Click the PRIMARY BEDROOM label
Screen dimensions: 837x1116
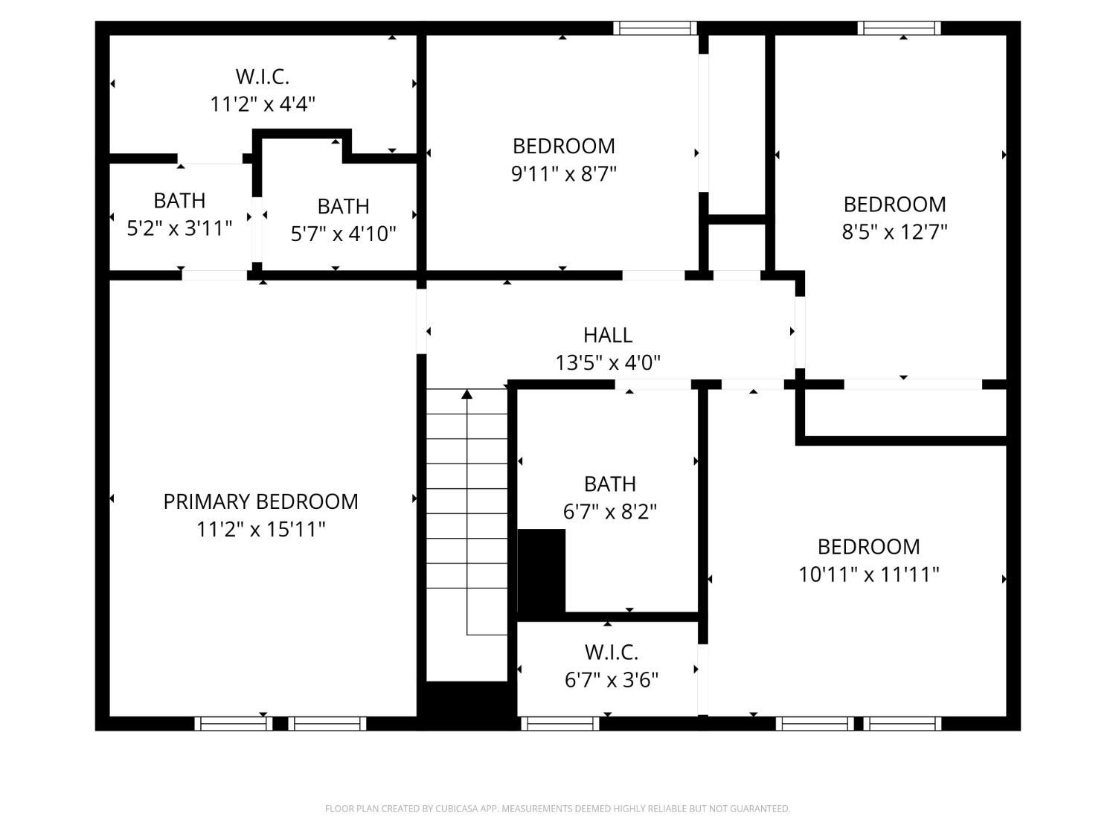tap(260, 501)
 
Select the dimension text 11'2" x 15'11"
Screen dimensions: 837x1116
tap(260, 530)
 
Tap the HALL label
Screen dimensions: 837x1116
tap(608, 335)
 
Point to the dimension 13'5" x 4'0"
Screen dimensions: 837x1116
tap(608, 363)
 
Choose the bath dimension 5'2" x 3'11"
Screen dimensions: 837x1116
tap(179, 228)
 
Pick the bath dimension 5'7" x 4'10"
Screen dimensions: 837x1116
tap(343, 234)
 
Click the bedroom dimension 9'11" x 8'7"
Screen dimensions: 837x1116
tap(563, 174)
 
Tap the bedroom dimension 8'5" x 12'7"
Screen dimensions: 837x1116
tap(894, 232)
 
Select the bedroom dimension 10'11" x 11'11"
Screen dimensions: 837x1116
tap(868, 574)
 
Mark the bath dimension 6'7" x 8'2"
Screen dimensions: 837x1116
tap(609, 512)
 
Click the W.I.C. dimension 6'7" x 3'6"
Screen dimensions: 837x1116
tap(611, 680)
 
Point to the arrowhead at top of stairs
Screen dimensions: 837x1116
tap(466, 394)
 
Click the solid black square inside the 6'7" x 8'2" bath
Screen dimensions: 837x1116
tap(541, 570)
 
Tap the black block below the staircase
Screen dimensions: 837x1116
tap(467, 703)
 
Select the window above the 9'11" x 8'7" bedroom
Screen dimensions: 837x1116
tap(655, 28)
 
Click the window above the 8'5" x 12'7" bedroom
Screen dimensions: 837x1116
tap(899, 28)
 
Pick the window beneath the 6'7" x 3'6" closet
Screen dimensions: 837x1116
tap(559, 723)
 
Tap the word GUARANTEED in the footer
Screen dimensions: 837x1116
tap(763, 809)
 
